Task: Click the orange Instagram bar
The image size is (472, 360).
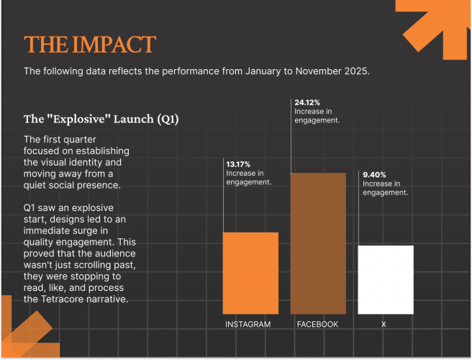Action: [250, 273]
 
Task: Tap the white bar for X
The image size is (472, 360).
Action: [386, 279]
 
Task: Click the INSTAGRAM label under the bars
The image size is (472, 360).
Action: [248, 325]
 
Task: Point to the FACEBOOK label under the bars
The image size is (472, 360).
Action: [317, 325]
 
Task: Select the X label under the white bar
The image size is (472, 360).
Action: [383, 325]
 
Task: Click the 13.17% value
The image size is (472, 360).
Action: [239, 164]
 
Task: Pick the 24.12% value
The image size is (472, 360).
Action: [307, 103]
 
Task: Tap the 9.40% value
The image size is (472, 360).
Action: [375, 175]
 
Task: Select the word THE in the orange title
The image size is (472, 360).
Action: [43, 45]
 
